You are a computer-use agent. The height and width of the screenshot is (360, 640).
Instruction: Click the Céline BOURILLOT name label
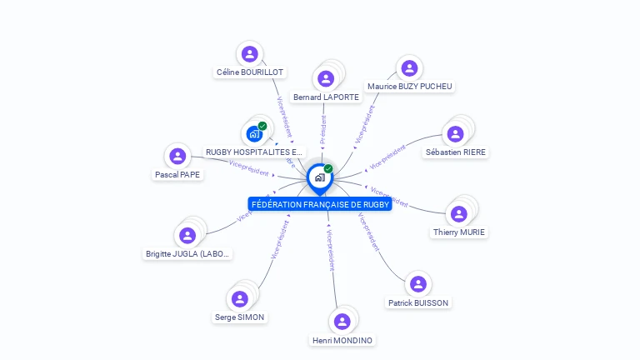coord(250,72)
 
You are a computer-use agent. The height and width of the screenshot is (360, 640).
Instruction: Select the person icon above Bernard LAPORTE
coord(326,78)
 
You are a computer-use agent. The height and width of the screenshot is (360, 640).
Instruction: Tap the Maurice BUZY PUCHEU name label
coord(410,87)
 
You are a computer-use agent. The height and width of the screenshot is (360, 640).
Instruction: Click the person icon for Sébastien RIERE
coord(455,133)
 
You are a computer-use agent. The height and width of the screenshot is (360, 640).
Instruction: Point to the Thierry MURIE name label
coord(459,232)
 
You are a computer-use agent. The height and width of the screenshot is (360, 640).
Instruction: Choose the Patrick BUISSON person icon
coord(418,284)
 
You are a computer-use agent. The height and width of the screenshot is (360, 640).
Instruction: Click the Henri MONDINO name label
coord(342,340)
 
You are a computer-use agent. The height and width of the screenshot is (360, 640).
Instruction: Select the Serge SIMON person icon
coord(240,298)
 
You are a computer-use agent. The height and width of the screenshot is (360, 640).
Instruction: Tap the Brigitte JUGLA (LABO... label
coord(187,254)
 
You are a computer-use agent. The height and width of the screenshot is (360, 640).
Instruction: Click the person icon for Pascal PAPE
coord(177,156)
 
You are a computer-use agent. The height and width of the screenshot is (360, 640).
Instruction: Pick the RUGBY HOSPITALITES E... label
coord(254,152)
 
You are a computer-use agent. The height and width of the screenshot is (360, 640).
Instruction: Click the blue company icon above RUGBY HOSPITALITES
coord(254,133)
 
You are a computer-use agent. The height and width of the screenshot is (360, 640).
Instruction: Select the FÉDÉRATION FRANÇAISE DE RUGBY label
coord(320,204)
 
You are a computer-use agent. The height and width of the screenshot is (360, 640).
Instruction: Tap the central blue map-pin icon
coord(319,177)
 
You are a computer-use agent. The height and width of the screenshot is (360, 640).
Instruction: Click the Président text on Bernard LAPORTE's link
coord(323,130)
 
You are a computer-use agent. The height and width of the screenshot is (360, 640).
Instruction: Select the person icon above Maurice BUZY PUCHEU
coord(407,68)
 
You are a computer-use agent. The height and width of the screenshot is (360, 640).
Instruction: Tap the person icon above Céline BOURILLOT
coord(249,54)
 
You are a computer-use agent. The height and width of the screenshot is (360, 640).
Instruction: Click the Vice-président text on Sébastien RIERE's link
coord(387,156)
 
